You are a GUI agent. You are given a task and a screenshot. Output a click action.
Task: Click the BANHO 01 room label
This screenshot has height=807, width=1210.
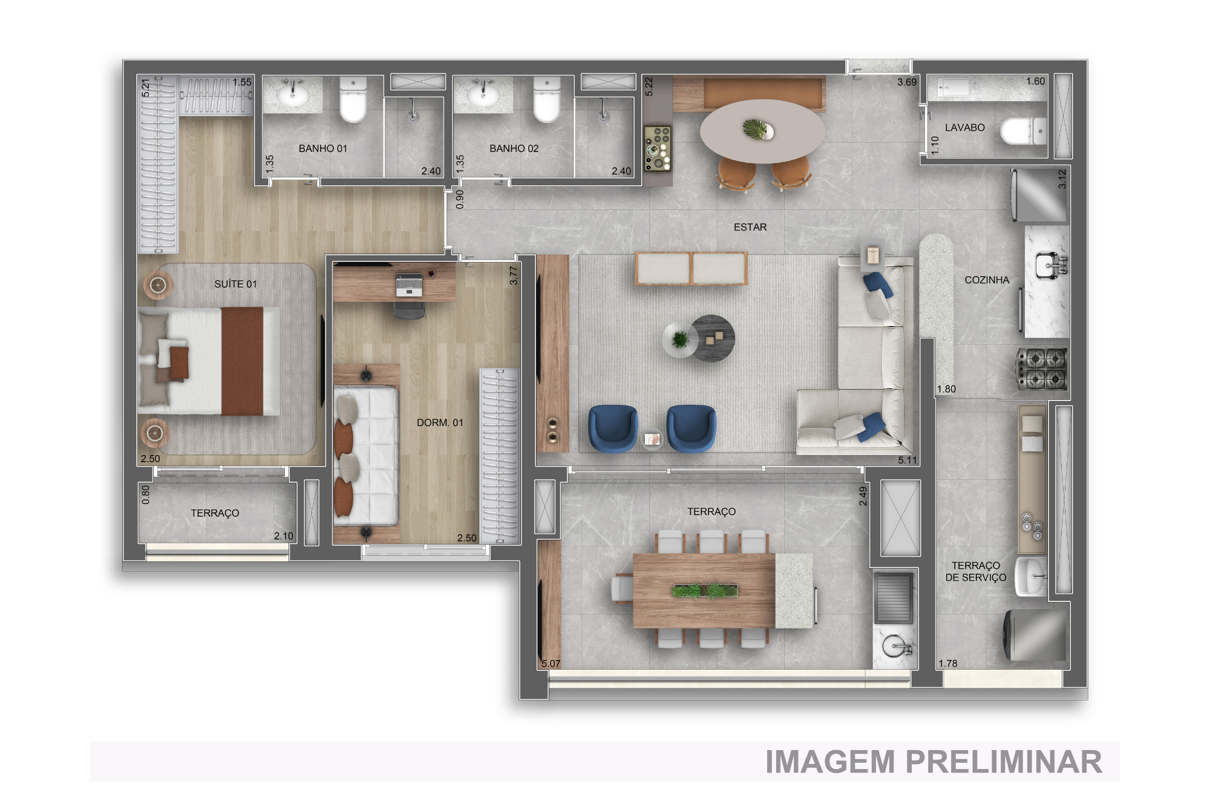[x=322, y=148]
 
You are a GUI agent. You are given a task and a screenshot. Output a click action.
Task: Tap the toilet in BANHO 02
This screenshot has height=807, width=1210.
[x=546, y=100]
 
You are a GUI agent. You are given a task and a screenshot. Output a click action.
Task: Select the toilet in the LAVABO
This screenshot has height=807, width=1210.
[x=1023, y=131]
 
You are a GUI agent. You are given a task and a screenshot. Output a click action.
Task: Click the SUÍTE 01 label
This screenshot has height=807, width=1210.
[x=235, y=284]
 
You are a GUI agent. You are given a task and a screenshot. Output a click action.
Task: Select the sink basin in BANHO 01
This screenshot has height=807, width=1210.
[x=293, y=95]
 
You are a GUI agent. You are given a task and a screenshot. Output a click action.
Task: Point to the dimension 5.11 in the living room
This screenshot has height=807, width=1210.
[x=907, y=460]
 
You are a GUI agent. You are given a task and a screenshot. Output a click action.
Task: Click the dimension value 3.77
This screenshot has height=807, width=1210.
[x=514, y=275]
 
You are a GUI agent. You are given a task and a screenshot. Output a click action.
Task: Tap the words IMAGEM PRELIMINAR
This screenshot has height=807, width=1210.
[x=934, y=762]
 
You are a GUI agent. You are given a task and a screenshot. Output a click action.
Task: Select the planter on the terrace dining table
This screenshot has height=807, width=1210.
[x=705, y=590]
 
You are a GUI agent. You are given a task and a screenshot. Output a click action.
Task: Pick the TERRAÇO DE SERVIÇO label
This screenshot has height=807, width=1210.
[x=975, y=571]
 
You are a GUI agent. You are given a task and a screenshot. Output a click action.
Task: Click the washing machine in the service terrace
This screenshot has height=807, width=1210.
[x=1035, y=635]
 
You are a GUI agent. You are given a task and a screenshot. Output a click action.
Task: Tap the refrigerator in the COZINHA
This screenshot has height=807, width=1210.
[x=1039, y=195]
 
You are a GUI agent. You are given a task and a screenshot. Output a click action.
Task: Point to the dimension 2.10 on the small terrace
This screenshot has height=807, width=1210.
[x=283, y=536]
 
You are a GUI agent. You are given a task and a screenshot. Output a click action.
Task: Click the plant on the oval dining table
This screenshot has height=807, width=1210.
[x=754, y=128]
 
